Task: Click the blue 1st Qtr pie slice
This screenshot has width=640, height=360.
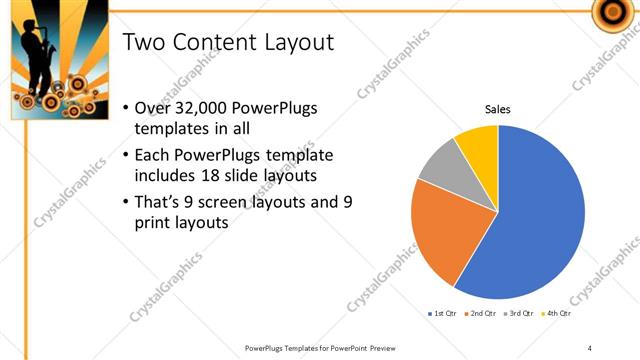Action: [540, 220]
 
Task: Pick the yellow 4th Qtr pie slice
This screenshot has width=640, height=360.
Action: [478, 145]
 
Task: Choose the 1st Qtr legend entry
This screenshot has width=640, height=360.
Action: [442, 313]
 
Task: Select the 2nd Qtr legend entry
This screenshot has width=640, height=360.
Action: [482, 313]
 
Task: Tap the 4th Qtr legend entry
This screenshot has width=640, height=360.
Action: [557, 313]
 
